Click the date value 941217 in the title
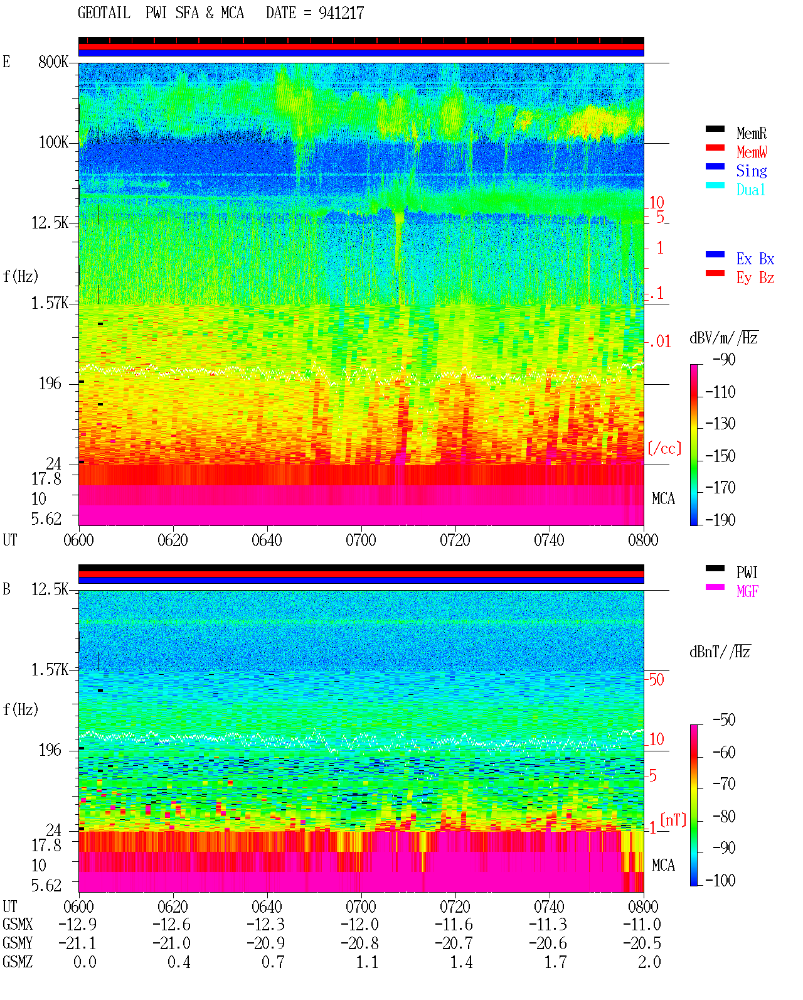tap(341, 13)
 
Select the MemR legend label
tap(752, 133)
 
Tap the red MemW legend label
tap(752, 152)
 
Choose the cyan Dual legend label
tap(751, 190)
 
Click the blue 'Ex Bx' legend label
tap(755, 259)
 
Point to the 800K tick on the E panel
tap(53, 62)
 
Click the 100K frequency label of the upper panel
tap(53, 142)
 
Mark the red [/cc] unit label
tap(664, 448)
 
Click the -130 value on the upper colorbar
tap(720, 424)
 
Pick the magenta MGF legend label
tap(748, 591)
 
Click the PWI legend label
tap(747, 573)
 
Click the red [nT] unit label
tap(673, 820)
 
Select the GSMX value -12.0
tap(360, 925)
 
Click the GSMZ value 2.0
tap(649, 962)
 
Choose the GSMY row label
tap(18, 944)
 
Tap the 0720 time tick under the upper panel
tap(455, 540)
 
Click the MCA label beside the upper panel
tap(663, 498)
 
